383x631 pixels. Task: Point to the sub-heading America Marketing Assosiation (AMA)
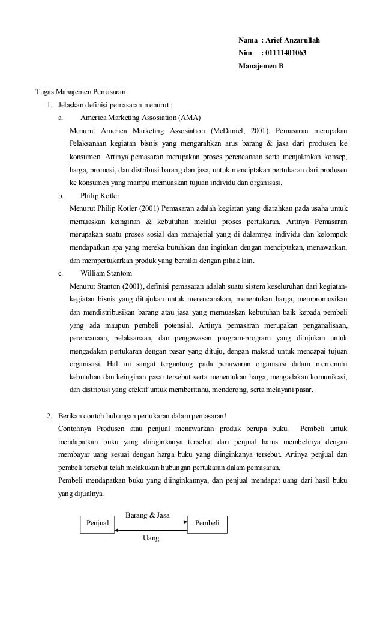click(x=140, y=117)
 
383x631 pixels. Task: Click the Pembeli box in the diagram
click(x=207, y=524)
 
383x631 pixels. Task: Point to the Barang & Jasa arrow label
click(x=147, y=515)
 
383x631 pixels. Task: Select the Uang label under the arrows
click(x=151, y=539)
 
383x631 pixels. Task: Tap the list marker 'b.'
click(x=61, y=196)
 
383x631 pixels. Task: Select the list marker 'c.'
click(x=61, y=273)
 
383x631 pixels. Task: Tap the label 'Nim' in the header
click(x=245, y=53)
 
